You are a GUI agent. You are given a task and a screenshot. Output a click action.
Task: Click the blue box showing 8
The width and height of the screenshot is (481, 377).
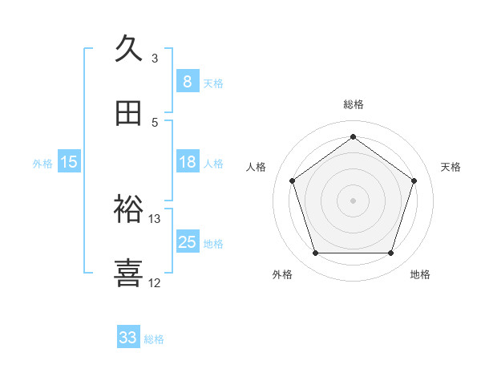(x=187, y=81)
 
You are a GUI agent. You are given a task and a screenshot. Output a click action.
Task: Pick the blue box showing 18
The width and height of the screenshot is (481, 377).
(x=187, y=162)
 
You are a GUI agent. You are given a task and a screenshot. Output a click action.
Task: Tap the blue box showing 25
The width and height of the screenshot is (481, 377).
(x=187, y=242)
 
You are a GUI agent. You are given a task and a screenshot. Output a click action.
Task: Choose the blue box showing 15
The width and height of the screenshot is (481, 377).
(x=69, y=162)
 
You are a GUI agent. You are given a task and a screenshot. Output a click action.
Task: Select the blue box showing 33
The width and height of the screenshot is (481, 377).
(x=128, y=338)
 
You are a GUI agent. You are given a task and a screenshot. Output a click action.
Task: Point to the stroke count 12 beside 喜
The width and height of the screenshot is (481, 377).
(x=155, y=282)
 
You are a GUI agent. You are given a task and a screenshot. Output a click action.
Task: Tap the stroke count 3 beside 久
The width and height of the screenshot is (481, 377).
(x=155, y=58)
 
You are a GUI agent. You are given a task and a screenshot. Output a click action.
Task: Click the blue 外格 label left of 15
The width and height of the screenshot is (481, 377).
(x=42, y=164)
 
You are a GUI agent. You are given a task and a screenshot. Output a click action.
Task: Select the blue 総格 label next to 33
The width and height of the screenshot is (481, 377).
(x=154, y=339)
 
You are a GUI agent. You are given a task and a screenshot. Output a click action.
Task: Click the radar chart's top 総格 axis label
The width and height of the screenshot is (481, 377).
(x=354, y=104)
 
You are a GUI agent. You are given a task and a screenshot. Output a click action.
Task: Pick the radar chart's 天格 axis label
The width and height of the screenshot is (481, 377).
(x=451, y=167)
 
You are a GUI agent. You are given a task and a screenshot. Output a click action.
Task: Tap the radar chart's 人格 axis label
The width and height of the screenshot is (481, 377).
(x=257, y=167)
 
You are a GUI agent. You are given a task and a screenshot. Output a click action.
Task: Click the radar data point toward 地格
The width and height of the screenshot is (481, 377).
(x=390, y=253)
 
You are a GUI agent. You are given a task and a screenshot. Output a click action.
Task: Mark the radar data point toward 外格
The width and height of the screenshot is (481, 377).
(x=315, y=253)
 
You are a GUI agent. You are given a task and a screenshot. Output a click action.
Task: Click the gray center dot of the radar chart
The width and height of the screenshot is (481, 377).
(x=353, y=200)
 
